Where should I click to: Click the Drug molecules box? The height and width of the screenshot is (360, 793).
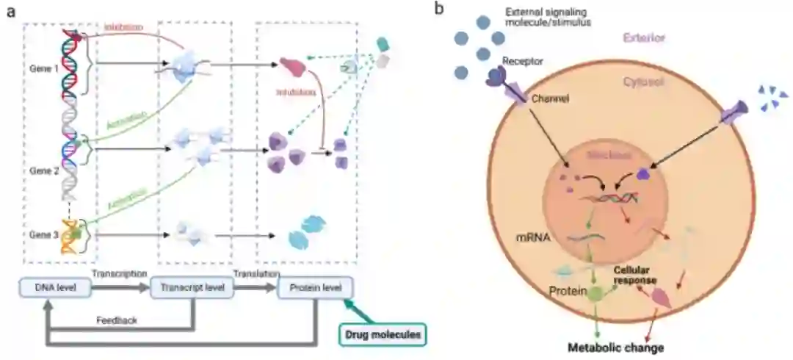click(x=383, y=335)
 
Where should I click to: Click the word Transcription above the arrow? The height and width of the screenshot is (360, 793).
click(x=118, y=273)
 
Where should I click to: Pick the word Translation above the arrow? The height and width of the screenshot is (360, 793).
click(x=256, y=273)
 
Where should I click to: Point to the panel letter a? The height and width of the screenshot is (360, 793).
click(x=10, y=11)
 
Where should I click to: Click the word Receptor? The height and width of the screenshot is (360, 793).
click(x=523, y=61)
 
